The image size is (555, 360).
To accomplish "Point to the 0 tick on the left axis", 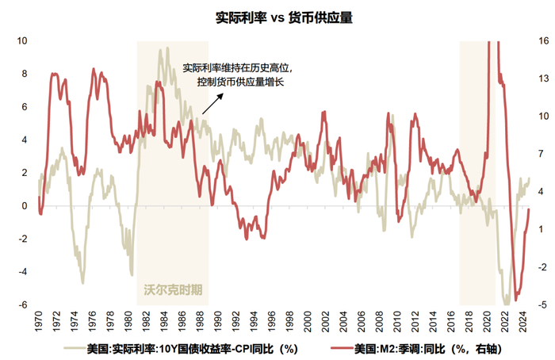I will (x=24, y=206).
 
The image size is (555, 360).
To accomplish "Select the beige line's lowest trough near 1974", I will (x=82, y=282).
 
